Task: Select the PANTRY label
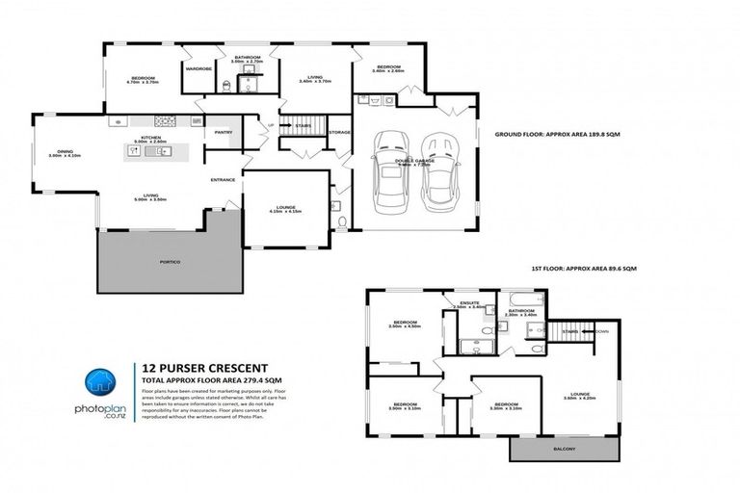coord(223,133)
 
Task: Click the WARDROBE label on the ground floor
coord(199,68)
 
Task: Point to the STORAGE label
coord(338,132)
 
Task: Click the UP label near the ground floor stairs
coord(271,126)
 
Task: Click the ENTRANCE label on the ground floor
coord(225,180)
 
